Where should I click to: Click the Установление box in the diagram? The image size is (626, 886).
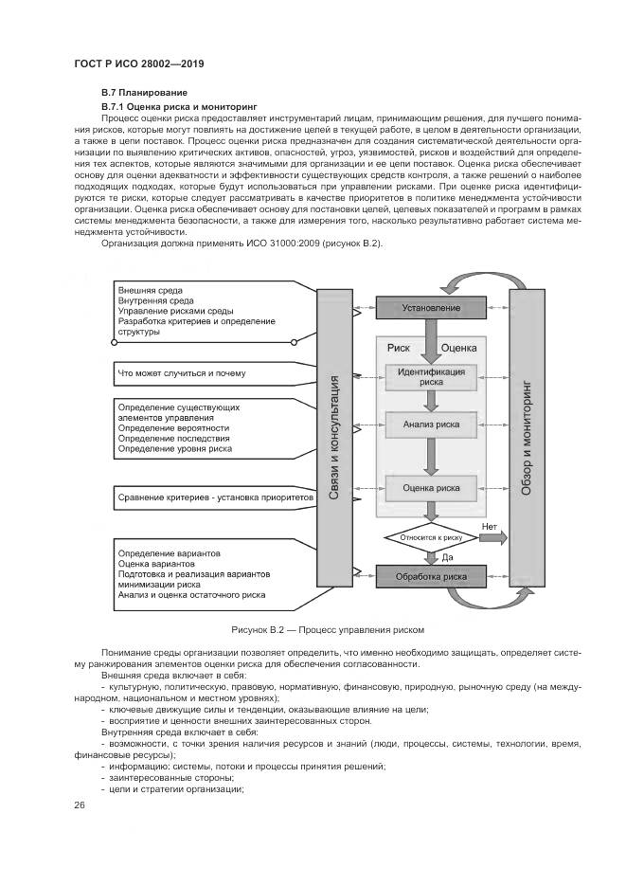coord(431,308)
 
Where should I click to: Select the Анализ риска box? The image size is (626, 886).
coord(431,425)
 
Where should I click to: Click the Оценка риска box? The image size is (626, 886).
coord(431,488)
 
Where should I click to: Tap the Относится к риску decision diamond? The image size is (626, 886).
coord(431,536)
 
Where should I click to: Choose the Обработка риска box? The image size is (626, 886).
coord(431,575)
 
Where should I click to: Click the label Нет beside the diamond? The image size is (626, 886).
coord(489,526)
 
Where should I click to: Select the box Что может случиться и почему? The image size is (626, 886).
coord(181,373)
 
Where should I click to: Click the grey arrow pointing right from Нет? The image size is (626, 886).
coord(492,537)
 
